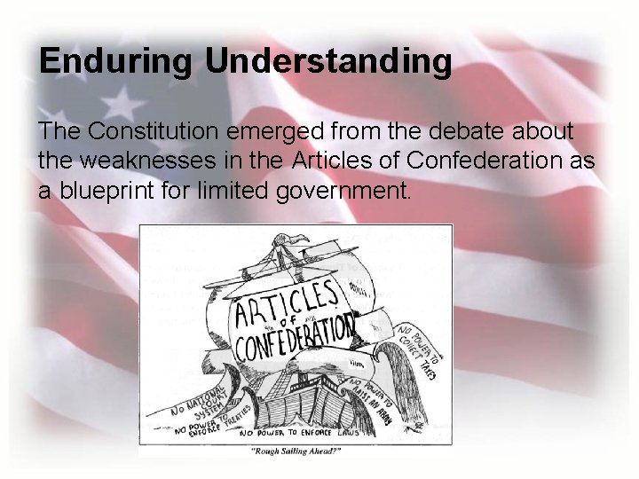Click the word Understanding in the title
(x=329, y=62)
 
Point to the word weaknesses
(x=156, y=161)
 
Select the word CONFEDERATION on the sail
(x=293, y=340)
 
